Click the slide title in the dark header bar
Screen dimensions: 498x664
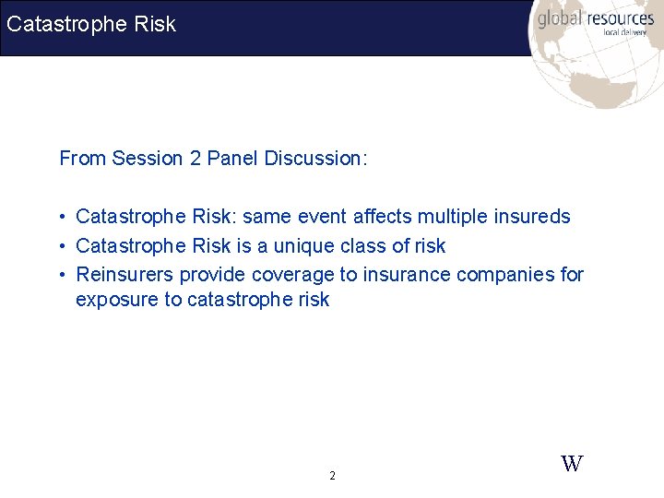tap(90, 25)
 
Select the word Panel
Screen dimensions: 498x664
tap(232, 159)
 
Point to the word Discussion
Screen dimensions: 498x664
tap(315, 159)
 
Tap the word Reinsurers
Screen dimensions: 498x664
tap(125, 275)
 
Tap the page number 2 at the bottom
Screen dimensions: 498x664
tap(332, 477)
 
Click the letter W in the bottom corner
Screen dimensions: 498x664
tap(572, 464)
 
